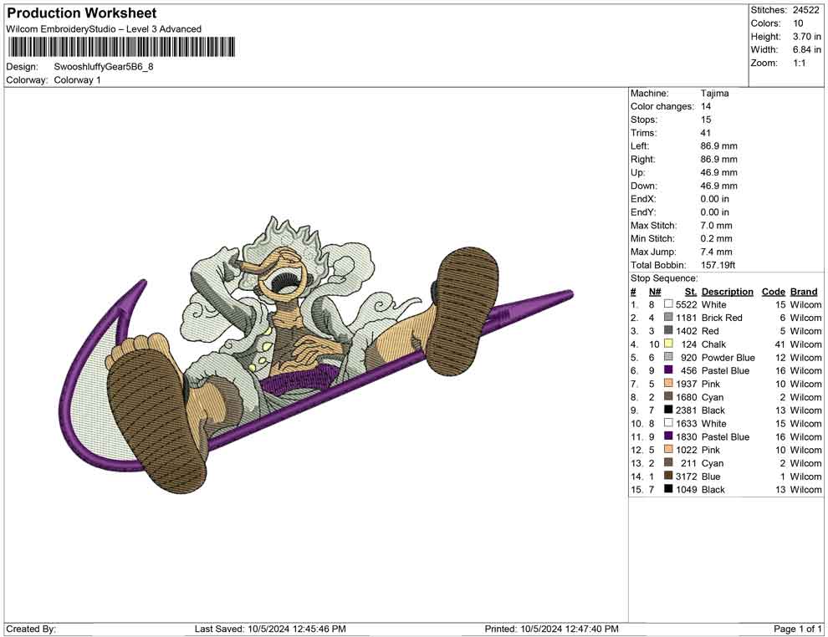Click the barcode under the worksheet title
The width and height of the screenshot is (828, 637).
pyautogui.click(x=121, y=47)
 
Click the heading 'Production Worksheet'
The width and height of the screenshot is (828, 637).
pyautogui.click(x=82, y=13)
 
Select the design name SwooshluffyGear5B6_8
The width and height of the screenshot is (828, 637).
pyautogui.click(x=104, y=67)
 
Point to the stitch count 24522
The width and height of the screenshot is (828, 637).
pyautogui.click(x=805, y=10)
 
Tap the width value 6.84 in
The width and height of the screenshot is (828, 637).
pyautogui.click(x=806, y=49)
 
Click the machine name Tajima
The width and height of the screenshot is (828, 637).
pyautogui.click(x=714, y=94)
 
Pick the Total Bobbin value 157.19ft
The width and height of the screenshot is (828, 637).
pyautogui.click(x=718, y=265)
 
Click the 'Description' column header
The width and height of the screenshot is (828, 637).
pyautogui.click(x=727, y=292)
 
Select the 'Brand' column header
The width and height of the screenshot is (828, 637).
pyautogui.click(x=804, y=292)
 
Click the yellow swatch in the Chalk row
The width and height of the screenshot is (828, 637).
pyautogui.click(x=668, y=344)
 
